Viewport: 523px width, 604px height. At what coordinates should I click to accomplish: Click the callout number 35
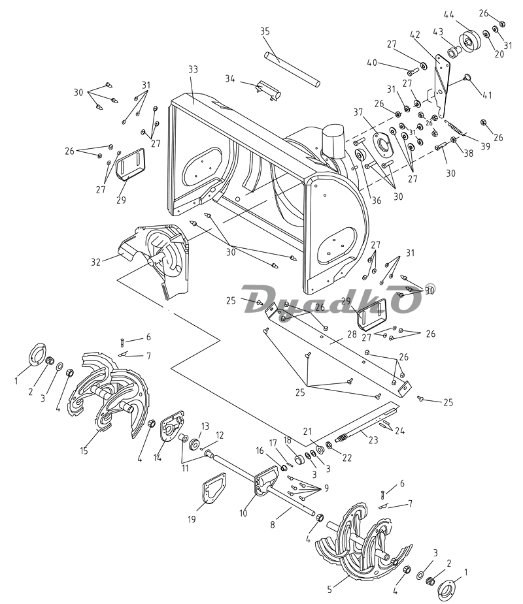pos(265,31)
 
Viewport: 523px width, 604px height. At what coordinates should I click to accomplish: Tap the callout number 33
pos(193,69)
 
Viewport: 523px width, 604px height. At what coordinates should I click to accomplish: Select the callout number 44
pos(449,14)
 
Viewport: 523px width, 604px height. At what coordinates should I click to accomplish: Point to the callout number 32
pos(95,262)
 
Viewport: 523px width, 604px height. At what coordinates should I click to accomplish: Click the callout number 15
pos(84,450)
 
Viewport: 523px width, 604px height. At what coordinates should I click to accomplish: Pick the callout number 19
pos(192,519)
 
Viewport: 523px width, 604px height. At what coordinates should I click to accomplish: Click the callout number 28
pos(352,334)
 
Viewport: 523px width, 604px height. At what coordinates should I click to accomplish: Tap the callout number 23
pos(373,439)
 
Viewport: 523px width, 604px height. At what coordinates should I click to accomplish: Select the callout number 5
pos(329,590)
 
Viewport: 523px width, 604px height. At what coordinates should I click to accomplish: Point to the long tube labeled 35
pos(292,69)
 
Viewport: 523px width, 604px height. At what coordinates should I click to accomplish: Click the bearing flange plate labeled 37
pos(383,145)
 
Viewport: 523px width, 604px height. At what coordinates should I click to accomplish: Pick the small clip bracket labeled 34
pos(269,90)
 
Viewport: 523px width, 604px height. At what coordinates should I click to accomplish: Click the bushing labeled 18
pos(299,460)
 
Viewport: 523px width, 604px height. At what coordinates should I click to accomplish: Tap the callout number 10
pos(243,513)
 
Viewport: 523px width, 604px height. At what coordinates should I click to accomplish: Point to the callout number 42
pos(414,35)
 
